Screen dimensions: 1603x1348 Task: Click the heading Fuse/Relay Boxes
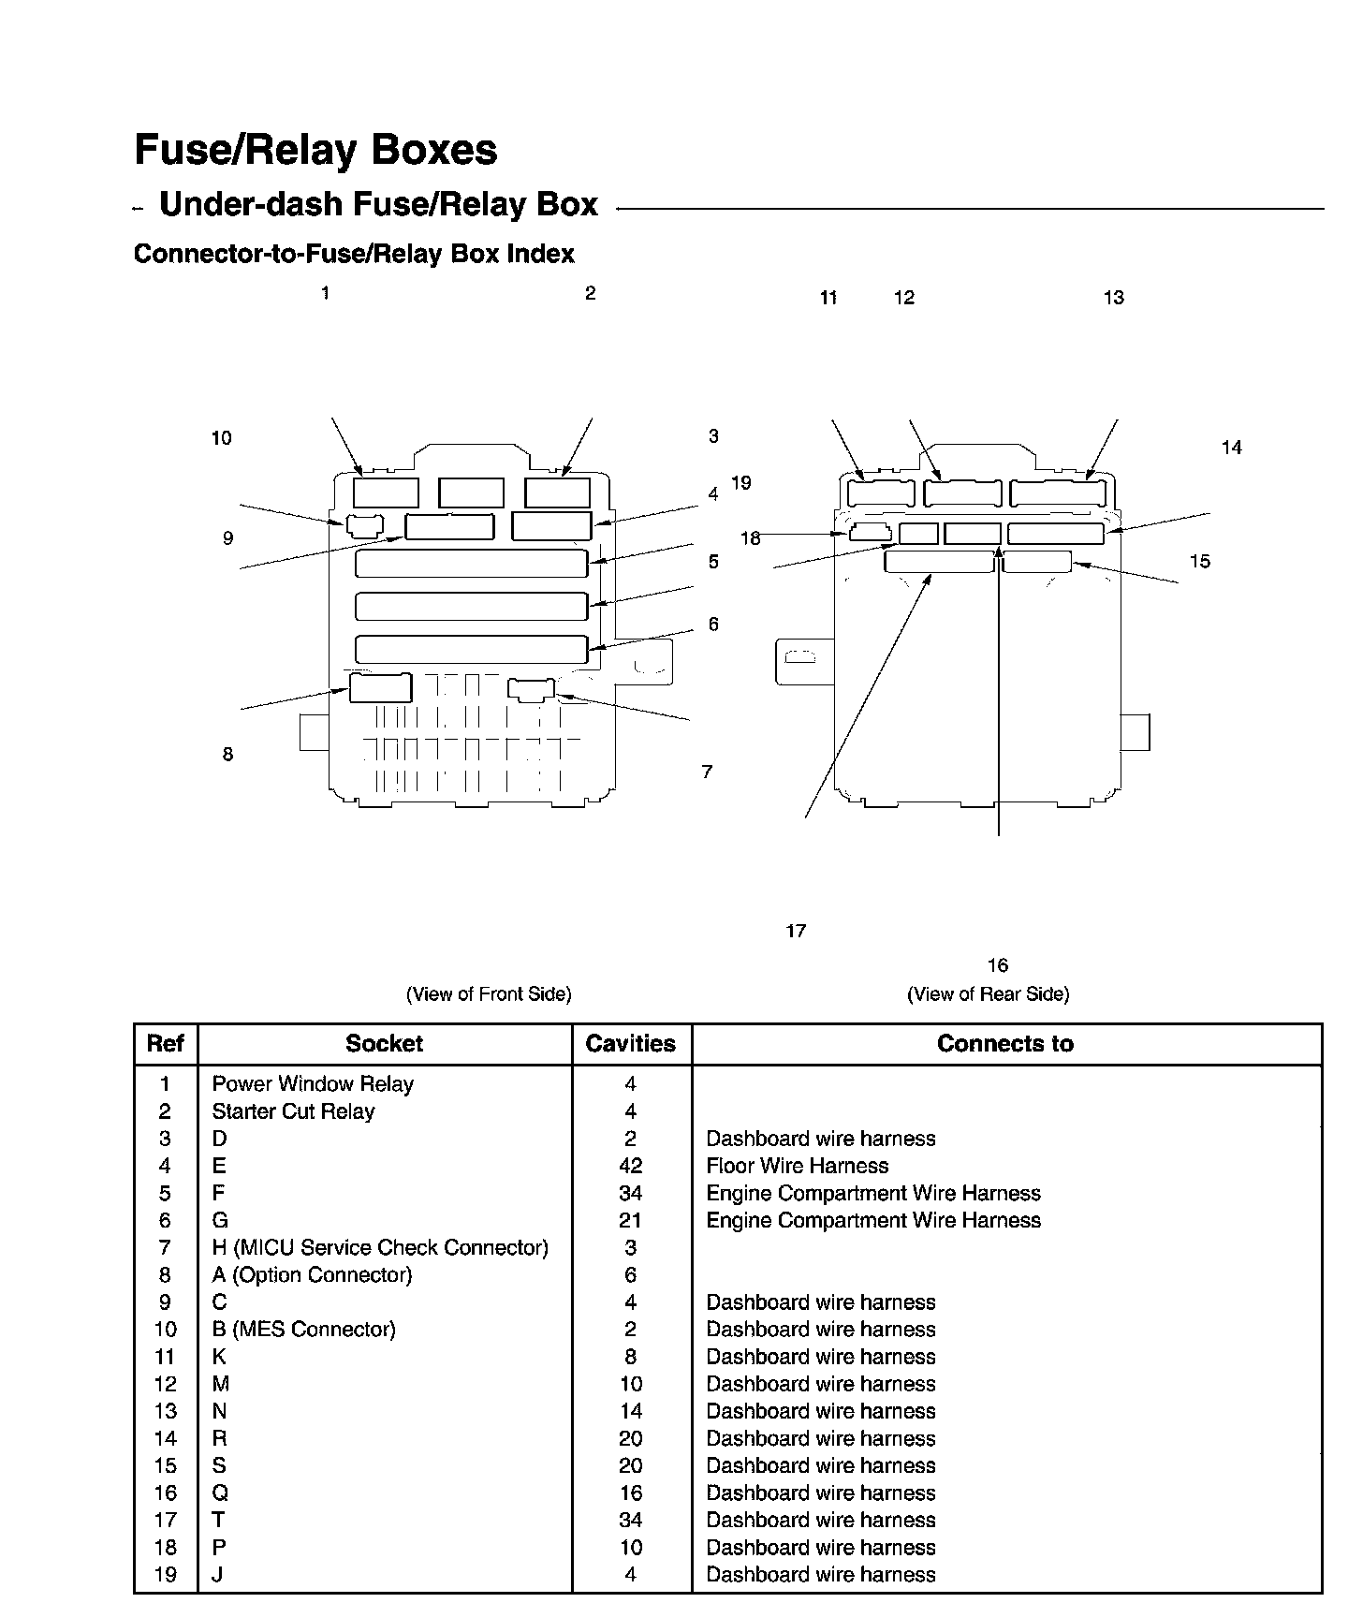[x=315, y=150]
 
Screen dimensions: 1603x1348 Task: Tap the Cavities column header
[x=630, y=1044]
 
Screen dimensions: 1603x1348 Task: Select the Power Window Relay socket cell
[x=313, y=1084]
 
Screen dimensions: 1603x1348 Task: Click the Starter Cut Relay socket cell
[x=293, y=1111]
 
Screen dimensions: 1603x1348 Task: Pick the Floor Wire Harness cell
[x=797, y=1166]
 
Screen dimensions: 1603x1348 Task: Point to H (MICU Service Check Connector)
[x=380, y=1247]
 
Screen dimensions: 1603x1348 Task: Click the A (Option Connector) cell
[x=312, y=1274]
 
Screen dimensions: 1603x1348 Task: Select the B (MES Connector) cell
[x=303, y=1330]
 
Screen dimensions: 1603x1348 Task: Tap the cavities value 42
[x=630, y=1166]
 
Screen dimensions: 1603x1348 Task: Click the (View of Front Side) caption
[x=489, y=994]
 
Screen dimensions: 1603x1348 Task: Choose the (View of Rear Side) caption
[x=988, y=994]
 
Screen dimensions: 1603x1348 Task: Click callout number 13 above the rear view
[x=1113, y=298]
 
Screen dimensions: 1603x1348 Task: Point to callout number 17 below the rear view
[x=796, y=931]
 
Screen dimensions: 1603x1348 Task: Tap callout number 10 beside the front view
[x=221, y=438]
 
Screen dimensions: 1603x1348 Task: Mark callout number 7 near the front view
[x=707, y=772]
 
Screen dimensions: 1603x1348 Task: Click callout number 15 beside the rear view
[x=1199, y=562]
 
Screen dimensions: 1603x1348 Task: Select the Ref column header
[x=166, y=1044]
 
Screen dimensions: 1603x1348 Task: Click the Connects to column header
[x=1004, y=1044]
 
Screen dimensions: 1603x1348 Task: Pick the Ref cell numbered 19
[x=165, y=1575]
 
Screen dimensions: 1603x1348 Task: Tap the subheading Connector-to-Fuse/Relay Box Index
[x=354, y=254]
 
